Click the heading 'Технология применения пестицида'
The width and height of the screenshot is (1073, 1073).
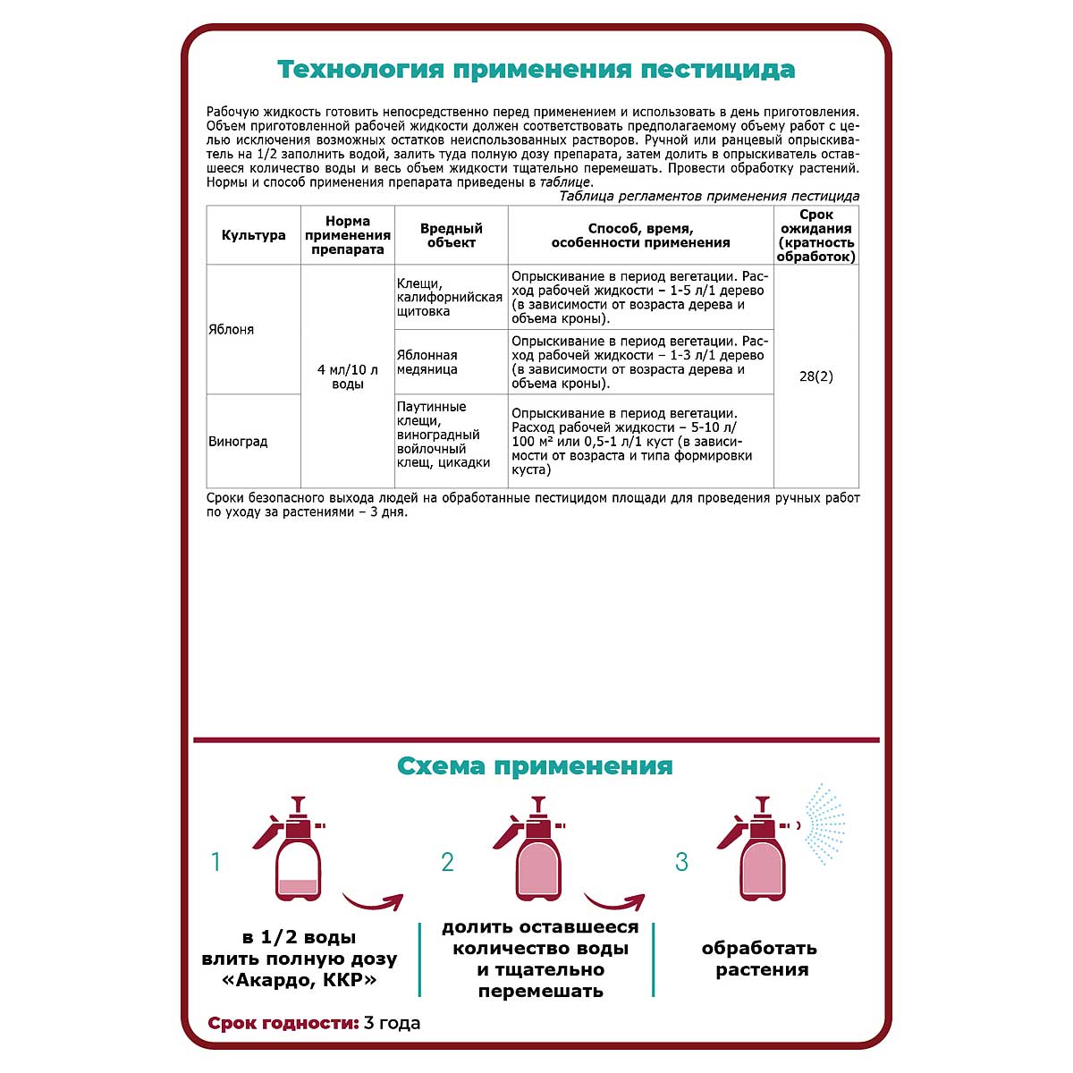(x=536, y=70)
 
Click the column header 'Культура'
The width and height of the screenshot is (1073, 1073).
(x=253, y=235)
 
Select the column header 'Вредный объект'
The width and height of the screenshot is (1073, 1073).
(x=451, y=235)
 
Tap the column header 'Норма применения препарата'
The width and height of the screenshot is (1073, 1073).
(x=348, y=235)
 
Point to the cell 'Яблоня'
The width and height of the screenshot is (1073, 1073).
(x=232, y=330)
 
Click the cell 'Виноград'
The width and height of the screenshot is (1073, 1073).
(x=238, y=442)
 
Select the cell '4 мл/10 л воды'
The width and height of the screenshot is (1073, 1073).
(x=348, y=376)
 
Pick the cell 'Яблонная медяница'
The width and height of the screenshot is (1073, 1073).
(x=427, y=362)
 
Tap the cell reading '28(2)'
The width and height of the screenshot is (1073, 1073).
(x=815, y=376)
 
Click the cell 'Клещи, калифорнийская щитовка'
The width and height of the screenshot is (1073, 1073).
(x=449, y=298)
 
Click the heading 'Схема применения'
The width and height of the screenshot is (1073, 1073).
(x=535, y=766)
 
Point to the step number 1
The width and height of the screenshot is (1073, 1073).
(x=215, y=862)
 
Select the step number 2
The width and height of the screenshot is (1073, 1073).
(x=447, y=862)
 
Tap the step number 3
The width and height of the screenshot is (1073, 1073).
(x=681, y=862)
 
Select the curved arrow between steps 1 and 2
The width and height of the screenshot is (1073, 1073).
(x=373, y=898)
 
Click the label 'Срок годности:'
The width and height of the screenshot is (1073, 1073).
(x=283, y=1023)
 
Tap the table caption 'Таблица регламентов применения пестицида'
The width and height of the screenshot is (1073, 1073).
(x=709, y=196)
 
